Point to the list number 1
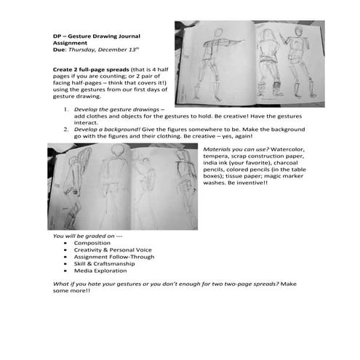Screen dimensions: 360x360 point(65,109)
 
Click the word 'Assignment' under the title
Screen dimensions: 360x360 point(73,42)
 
